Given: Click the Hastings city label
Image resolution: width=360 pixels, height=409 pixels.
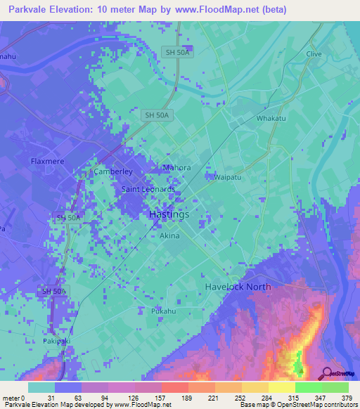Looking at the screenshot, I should pos(169,214).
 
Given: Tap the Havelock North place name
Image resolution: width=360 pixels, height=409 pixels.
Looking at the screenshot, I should pos(238,287).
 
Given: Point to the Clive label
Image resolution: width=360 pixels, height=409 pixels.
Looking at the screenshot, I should pos(314,54).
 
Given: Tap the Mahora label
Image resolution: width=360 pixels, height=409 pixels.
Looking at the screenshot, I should pos(177,168).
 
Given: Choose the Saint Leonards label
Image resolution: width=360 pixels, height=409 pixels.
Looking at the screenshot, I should pos(148,190).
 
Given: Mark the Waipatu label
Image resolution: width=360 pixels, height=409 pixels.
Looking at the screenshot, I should pos(229,176).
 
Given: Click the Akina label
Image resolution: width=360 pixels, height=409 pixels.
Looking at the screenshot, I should pos(169,236).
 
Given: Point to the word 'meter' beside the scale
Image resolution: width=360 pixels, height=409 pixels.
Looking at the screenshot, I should pos(11,398).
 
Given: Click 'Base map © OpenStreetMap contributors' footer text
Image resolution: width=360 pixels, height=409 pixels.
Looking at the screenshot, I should pos(297,405).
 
